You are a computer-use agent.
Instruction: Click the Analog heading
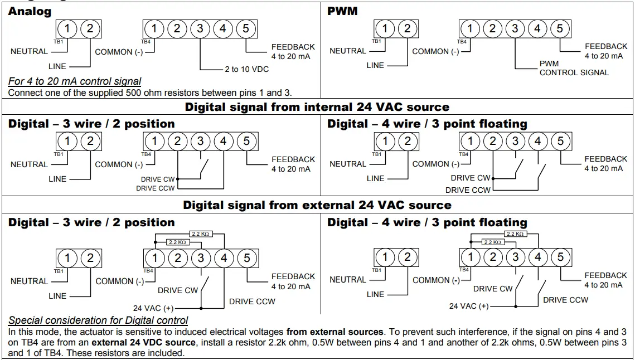pyautogui.click(x=30, y=11)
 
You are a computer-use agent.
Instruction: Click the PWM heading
pyautogui.click(x=342, y=11)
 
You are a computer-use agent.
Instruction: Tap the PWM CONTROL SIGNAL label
pyautogui.click(x=574, y=68)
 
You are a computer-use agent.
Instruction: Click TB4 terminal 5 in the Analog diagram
pyautogui.click(x=246, y=28)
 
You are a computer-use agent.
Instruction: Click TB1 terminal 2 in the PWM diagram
pyautogui.click(x=408, y=28)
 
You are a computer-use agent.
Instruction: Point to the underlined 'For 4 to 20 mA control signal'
pyautogui.click(x=75, y=81)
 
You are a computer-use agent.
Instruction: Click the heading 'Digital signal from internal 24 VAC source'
pyautogui.click(x=317, y=106)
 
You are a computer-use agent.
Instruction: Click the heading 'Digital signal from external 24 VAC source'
pyautogui.click(x=317, y=205)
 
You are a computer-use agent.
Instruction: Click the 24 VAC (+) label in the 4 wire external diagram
pyautogui.click(x=469, y=306)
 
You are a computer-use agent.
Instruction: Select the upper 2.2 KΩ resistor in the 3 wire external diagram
pyautogui.click(x=200, y=234)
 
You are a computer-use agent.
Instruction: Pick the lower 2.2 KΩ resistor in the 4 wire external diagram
pyautogui.click(x=492, y=242)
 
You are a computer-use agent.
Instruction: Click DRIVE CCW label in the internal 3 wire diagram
pyautogui.click(x=156, y=188)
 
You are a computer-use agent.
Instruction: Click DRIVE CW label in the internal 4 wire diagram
pyautogui.click(x=470, y=178)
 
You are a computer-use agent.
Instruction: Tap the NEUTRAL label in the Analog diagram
pyautogui.click(x=29, y=51)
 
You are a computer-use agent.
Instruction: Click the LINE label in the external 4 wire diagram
pyautogui.click(x=375, y=294)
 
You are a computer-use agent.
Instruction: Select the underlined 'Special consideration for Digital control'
pyautogui.click(x=98, y=320)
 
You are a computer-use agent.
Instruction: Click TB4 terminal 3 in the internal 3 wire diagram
pyautogui.click(x=200, y=141)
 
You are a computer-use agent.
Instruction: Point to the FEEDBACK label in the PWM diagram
pyautogui.click(x=606, y=47)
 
